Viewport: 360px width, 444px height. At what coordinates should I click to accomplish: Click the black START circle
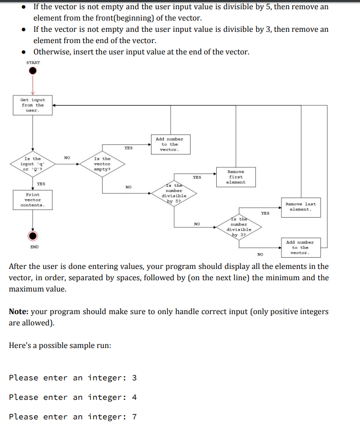click(x=32, y=71)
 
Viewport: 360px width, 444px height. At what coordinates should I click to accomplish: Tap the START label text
click(x=33, y=63)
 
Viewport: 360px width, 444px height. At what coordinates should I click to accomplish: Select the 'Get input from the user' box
click(x=33, y=105)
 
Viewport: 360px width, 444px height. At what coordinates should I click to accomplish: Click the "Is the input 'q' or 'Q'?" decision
click(x=33, y=164)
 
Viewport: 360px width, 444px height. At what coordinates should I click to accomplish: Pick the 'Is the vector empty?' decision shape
click(x=102, y=164)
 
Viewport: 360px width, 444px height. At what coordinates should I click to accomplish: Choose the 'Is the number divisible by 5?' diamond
click(x=174, y=193)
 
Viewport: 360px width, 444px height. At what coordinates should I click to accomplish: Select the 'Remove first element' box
click(x=236, y=177)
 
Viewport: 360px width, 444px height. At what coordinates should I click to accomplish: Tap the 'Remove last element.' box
click(x=300, y=207)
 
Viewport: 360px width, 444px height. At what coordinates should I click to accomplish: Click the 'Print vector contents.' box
click(x=33, y=200)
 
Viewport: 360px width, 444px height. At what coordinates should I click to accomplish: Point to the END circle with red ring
click(x=33, y=236)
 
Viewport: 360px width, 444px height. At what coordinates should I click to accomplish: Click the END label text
click(x=34, y=247)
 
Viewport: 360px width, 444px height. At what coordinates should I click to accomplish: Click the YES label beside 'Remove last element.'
click(x=265, y=213)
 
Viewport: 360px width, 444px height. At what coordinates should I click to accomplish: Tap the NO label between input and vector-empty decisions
click(x=67, y=158)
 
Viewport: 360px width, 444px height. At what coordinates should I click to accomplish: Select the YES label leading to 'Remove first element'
click(x=197, y=177)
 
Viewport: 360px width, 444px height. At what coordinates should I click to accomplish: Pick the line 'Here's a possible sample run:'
click(x=60, y=345)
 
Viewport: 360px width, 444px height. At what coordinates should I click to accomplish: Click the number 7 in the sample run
click(x=135, y=417)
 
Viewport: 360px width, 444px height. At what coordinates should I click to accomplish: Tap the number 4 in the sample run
click(x=135, y=397)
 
